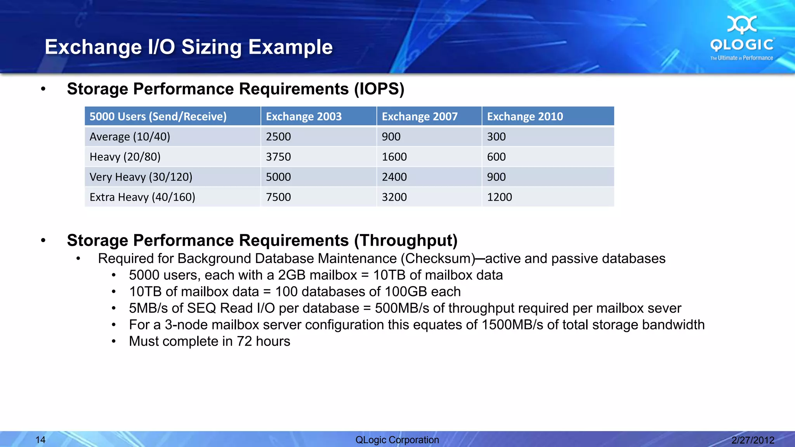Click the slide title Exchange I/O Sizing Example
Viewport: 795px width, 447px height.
tap(189, 47)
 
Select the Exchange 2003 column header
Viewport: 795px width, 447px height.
tap(304, 116)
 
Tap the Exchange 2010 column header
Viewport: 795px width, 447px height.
tap(525, 116)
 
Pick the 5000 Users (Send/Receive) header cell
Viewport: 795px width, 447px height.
tap(158, 116)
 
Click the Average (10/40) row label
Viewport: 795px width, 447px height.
tap(130, 137)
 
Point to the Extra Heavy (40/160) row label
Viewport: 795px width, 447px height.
tap(142, 197)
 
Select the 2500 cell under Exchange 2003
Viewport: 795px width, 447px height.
tap(278, 137)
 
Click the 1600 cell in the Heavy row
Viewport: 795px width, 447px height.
tap(394, 157)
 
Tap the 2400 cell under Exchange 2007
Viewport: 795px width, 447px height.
tap(394, 177)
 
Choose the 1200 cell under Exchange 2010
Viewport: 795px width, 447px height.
tap(499, 197)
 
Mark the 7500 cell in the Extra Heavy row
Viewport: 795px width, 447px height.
tap(278, 197)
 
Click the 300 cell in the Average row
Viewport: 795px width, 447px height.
tap(496, 137)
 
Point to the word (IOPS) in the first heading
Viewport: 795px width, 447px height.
tap(379, 89)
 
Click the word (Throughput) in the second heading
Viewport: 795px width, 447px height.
tap(406, 241)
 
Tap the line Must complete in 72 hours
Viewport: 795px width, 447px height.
tap(209, 341)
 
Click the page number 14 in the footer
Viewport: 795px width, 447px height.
tap(40, 440)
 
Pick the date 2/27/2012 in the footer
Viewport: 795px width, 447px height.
tap(753, 440)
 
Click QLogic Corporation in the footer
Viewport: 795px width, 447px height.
tap(397, 440)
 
